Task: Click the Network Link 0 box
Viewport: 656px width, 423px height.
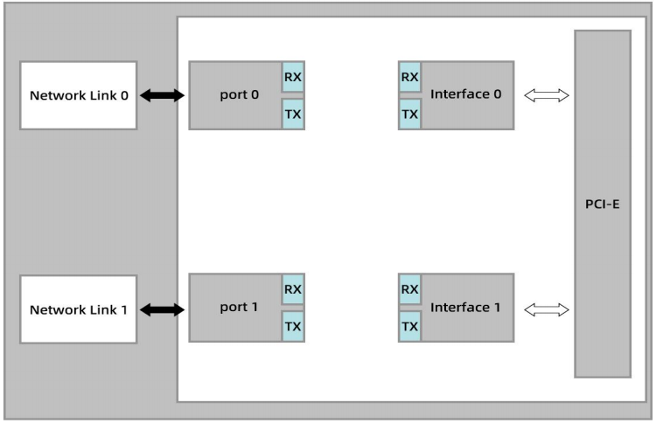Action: (78, 95)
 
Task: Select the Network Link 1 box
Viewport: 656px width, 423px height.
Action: (78, 309)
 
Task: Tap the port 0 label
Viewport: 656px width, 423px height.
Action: (240, 95)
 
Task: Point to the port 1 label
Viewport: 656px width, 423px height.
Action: (239, 308)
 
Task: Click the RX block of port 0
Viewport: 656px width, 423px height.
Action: (293, 77)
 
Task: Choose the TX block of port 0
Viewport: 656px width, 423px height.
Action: (293, 114)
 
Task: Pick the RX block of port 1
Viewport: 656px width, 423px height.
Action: (293, 289)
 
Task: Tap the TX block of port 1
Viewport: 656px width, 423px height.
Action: (293, 327)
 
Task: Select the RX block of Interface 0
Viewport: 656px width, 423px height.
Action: (409, 77)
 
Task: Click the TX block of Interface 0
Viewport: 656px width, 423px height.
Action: (409, 114)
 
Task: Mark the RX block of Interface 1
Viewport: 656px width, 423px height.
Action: (409, 289)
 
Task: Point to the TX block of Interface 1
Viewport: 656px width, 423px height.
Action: (409, 327)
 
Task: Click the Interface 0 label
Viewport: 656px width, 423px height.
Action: (465, 94)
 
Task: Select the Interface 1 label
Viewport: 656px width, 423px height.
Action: (465, 308)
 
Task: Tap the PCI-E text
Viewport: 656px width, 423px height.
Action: (602, 204)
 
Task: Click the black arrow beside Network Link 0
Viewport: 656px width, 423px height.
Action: (162, 95)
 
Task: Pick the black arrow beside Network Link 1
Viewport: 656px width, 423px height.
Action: (162, 309)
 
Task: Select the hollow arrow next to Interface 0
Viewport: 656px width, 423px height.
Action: (547, 95)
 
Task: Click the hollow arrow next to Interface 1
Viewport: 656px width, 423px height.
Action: (547, 309)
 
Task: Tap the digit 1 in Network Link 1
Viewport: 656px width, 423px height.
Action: (124, 309)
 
